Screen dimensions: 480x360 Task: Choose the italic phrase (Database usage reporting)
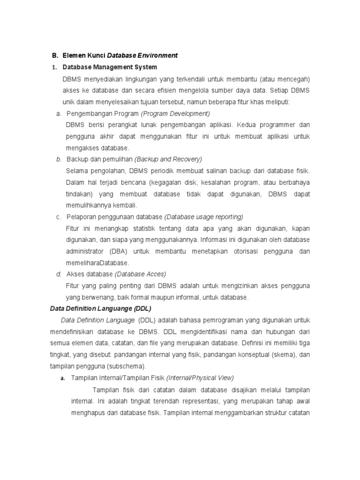(203, 217)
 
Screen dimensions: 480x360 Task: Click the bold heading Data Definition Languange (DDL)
(101, 308)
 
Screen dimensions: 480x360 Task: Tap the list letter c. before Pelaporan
(59, 217)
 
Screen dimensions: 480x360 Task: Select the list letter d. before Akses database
(59, 274)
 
